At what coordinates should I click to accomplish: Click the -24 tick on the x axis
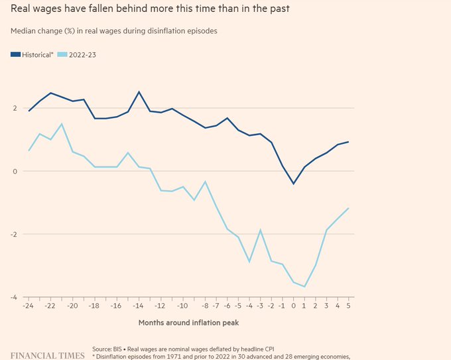pyautogui.click(x=28, y=306)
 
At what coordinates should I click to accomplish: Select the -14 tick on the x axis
pyautogui.click(x=139, y=306)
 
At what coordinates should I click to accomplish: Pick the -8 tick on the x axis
pyautogui.click(x=205, y=306)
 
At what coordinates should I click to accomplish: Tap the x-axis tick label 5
pyautogui.click(x=348, y=306)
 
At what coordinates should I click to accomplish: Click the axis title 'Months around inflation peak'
pyautogui.click(x=188, y=323)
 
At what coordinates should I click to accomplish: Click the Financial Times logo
pyautogui.click(x=47, y=355)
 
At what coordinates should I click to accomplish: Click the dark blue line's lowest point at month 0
pyautogui.click(x=293, y=184)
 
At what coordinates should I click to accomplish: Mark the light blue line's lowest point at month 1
pyautogui.click(x=304, y=286)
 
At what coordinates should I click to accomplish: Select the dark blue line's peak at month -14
pyautogui.click(x=139, y=92)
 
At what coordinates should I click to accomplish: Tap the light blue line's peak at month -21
pyautogui.click(x=62, y=124)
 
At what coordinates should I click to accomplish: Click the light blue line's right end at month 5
pyautogui.click(x=348, y=208)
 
